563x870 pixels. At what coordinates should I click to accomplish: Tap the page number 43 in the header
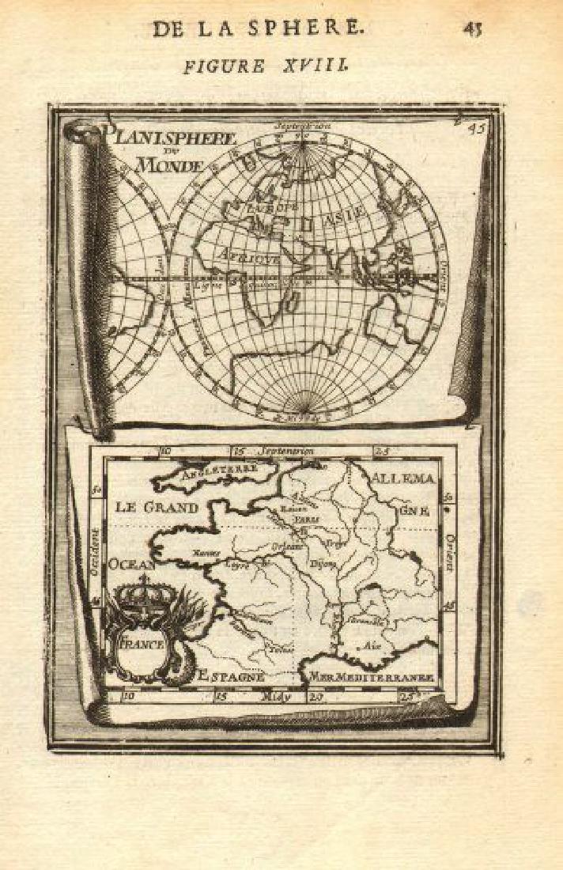(473, 28)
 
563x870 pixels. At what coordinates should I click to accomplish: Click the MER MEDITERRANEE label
(371, 677)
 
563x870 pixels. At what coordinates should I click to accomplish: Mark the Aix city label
(368, 646)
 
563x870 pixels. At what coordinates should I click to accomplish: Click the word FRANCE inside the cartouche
(143, 645)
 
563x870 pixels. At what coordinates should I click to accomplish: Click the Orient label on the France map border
(448, 549)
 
